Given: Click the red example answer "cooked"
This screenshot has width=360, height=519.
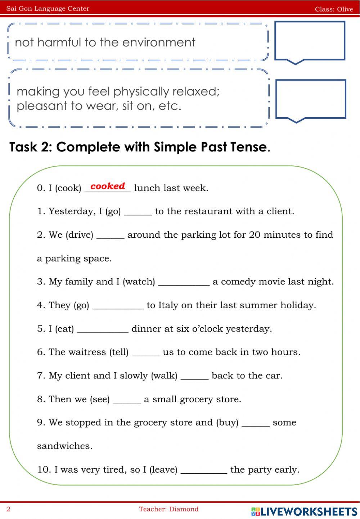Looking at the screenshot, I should tap(108, 186).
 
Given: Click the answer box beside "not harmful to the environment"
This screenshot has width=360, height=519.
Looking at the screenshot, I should tap(310, 40).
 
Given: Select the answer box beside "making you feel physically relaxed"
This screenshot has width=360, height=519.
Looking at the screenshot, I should tap(310, 99).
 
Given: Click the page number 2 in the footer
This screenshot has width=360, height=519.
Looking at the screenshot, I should tap(9, 509).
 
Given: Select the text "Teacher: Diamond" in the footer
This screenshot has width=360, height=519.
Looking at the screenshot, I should tap(169, 509).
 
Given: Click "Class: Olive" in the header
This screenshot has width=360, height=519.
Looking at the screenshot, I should tap(334, 9).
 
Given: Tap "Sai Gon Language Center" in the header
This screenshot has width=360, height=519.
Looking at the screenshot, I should tap(48, 9).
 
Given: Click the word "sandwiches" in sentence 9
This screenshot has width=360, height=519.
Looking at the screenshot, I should tap(64, 446).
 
